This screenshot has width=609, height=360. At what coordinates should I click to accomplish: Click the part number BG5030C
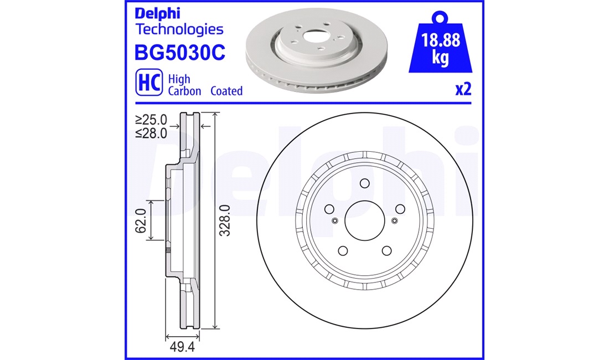coord(179,53)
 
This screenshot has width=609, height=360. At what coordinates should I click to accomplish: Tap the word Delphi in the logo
coord(157,13)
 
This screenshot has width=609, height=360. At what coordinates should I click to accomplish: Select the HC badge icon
coord(149,83)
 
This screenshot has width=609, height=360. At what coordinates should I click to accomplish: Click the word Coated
coord(226,91)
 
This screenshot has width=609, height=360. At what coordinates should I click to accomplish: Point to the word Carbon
coord(184,91)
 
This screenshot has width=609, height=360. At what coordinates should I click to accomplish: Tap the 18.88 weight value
coord(441,40)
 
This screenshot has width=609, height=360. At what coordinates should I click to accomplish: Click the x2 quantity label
coord(463,89)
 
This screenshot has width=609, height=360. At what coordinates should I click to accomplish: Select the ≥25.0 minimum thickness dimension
coord(151,119)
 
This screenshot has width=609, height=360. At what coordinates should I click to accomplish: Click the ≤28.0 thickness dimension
coord(151,133)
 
